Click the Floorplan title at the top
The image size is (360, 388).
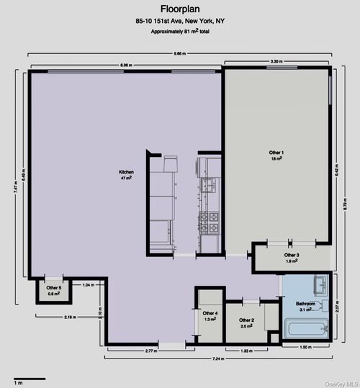pos(179,9)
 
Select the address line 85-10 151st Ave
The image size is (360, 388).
pos(179,22)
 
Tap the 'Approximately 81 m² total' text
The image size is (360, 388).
pos(179,33)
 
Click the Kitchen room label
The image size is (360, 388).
pos(127,175)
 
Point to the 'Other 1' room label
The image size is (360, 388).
pos(276,155)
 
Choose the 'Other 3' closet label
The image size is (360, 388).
pos(292,258)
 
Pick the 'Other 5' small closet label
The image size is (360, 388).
pos(54,290)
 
